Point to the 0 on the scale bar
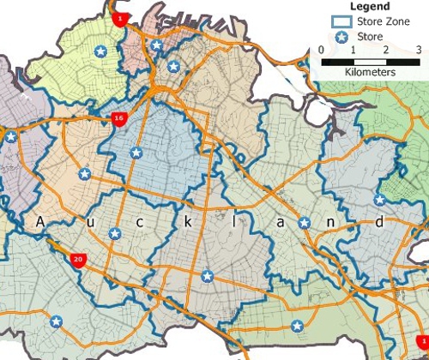click(x=321, y=51)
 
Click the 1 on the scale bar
click(x=353, y=51)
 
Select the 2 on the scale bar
click(x=385, y=51)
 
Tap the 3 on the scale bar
click(x=418, y=51)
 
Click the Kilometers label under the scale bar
click(x=369, y=73)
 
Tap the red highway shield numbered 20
click(x=78, y=257)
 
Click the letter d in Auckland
click(x=378, y=222)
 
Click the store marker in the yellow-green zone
click(x=101, y=52)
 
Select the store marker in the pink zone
click(x=156, y=45)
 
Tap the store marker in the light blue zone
click(x=135, y=153)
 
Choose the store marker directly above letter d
click(x=379, y=200)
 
